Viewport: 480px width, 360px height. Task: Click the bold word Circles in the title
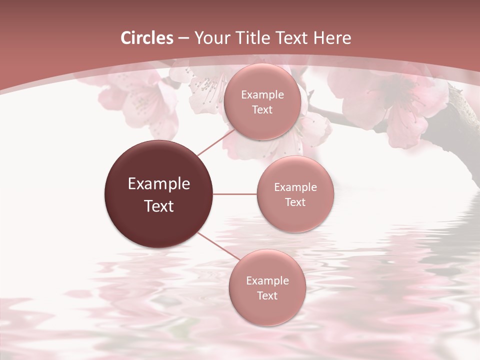pyautogui.click(x=146, y=38)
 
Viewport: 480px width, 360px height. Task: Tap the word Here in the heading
pyautogui.click(x=332, y=38)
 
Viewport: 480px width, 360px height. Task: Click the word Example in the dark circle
pyautogui.click(x=159, y=184)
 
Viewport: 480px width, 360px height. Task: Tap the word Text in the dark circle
pyautogui.click(x=159, y=206)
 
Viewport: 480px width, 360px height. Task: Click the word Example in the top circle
pyautogui.click(x=262, y=95)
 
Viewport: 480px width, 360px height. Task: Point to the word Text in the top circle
pyautogui.click(x=262, y=110)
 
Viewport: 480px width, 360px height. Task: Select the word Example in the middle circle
pyautogui.click(x=295, y=187)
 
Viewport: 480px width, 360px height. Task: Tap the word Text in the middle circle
pyautogui.click(x=295, y=202)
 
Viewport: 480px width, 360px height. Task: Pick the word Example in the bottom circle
pyautogui.click(x=267, y=281)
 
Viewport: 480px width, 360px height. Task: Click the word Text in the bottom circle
pyautogui.click(x=267, y=296)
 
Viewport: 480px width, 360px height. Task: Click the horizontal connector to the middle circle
pyautogui.click(x=235, y=194)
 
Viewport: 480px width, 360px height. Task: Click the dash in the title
pyautogui.click(x=183, y=38)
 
